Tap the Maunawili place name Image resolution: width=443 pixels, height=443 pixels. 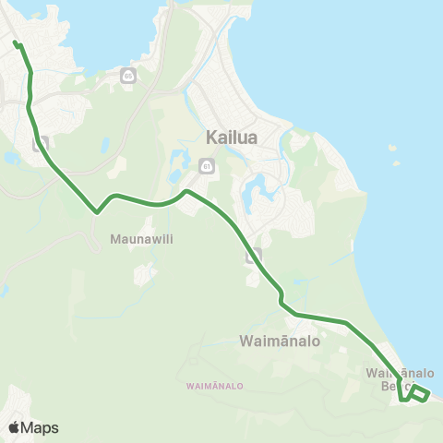(143, 238)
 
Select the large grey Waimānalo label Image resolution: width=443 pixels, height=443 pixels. (279, 341)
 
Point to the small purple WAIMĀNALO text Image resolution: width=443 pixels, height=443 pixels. (214, 386)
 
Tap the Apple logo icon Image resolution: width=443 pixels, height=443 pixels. (14, 427)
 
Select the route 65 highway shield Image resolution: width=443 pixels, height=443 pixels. (127, 76)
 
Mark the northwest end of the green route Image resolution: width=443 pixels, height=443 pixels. (15, 42)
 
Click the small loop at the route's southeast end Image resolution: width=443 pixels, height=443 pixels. (418, 394)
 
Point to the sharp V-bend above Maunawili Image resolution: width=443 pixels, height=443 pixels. (97, 211)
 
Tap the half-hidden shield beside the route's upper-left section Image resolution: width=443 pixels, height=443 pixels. (40, 145)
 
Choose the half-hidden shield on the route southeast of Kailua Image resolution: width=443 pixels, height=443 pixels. (255, 254)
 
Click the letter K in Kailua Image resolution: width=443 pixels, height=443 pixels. (209, 139)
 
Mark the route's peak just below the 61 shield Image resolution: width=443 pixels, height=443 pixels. (186, 191)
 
